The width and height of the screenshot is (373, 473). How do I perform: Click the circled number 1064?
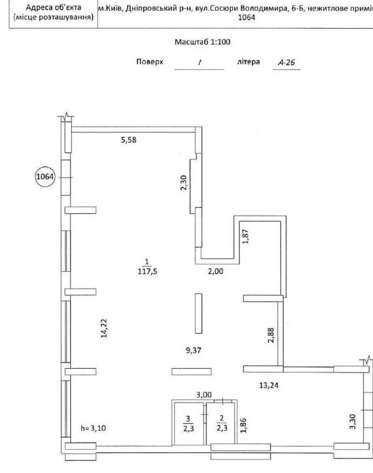[x=45, y=177]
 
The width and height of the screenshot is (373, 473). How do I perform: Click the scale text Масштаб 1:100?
[x=202, y=42]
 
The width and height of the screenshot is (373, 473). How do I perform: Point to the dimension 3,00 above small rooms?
[x=204, y=395]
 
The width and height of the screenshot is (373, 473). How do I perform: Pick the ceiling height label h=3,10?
[x=93, y=428]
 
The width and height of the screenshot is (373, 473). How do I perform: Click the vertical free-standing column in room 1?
[x=199, y=313]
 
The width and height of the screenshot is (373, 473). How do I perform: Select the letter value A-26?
[x=287, y=62]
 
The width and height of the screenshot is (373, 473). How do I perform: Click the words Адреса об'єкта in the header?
[x=53, y=7]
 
